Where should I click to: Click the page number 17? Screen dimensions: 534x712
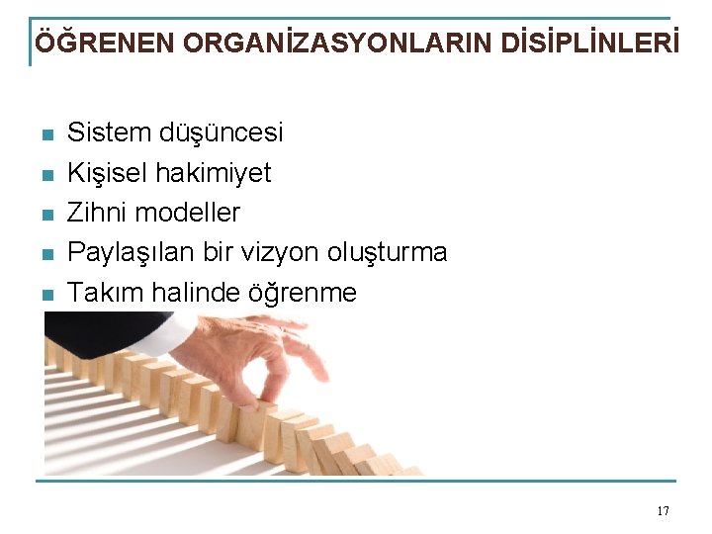point(663,511)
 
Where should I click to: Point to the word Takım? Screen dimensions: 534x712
point(101,293)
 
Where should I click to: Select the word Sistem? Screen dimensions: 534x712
point(107,133)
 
